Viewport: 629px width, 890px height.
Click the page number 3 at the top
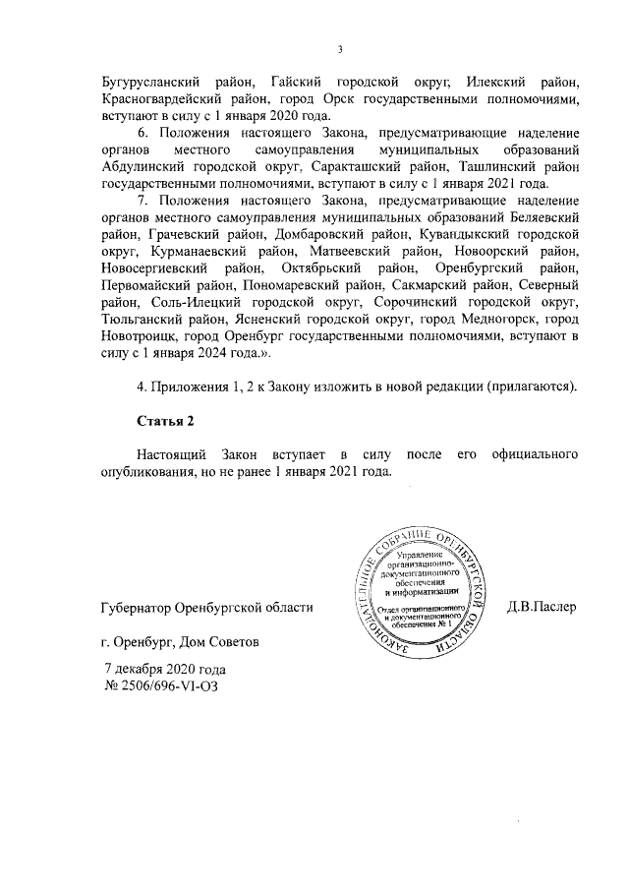[x=339, y=50]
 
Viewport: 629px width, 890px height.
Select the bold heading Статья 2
[x=165, y=422]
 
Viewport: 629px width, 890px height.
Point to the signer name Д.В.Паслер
[x=542, y=607]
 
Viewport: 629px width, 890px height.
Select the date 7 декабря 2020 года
[x=165, y=669]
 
